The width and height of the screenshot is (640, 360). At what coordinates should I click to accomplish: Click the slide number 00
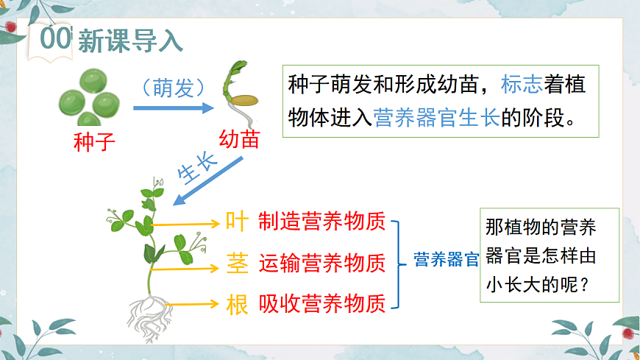56,40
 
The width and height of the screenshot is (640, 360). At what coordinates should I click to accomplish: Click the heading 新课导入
129,40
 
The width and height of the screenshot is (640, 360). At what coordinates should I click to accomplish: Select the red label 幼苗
239,139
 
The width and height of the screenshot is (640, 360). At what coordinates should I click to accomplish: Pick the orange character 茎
237,262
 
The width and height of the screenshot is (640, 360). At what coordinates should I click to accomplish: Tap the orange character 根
237,303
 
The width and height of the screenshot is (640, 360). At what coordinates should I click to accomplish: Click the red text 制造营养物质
322,221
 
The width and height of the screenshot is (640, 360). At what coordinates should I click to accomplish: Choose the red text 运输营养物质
322,262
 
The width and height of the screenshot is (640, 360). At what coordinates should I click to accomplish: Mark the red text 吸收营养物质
322,303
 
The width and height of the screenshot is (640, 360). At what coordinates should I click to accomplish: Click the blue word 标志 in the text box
522,85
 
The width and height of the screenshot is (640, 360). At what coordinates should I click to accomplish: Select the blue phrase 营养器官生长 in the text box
437,117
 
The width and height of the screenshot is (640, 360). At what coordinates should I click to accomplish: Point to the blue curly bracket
398,263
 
